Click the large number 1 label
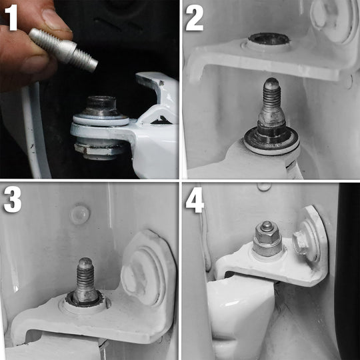tap(11, 17)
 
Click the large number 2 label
tap(195, 18)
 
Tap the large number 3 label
tap(13, 199)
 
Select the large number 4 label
tap(195, 200)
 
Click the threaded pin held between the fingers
tap(63, 49)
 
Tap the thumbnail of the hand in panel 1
tap(56, 19)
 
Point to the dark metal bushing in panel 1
tap(101, 106)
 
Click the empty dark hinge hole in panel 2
tap(269, 39)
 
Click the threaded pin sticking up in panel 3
tap(85, 281)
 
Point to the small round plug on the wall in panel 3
tap(80, 215)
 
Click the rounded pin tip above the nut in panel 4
tap(267, 226)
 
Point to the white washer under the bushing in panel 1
tap(101, 119)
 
